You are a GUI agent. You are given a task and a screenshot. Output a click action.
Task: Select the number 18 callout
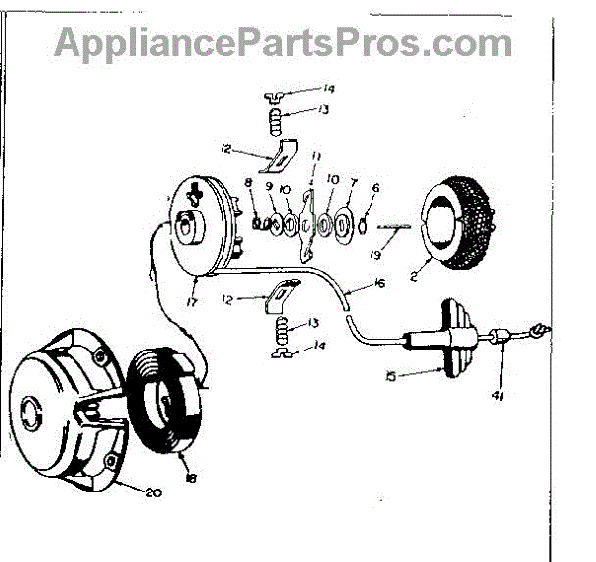190,479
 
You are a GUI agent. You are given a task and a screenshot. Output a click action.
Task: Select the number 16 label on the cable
382,284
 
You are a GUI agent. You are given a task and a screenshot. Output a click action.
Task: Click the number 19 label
401,251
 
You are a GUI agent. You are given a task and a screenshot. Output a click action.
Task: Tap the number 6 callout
376,186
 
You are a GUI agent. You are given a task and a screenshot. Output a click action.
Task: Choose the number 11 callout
315,157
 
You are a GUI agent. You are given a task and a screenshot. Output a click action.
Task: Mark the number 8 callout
247,182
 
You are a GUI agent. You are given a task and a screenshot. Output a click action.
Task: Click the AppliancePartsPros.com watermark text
283,42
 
